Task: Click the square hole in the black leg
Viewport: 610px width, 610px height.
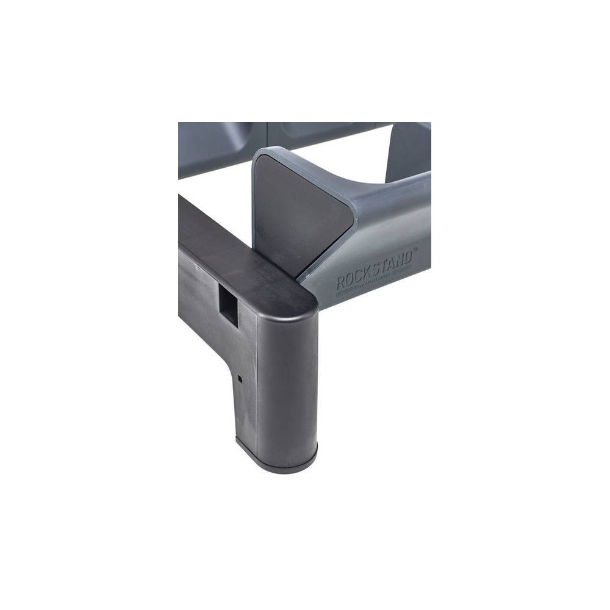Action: (x=228, y=304)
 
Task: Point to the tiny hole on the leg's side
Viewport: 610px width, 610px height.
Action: (x=240, y=378)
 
